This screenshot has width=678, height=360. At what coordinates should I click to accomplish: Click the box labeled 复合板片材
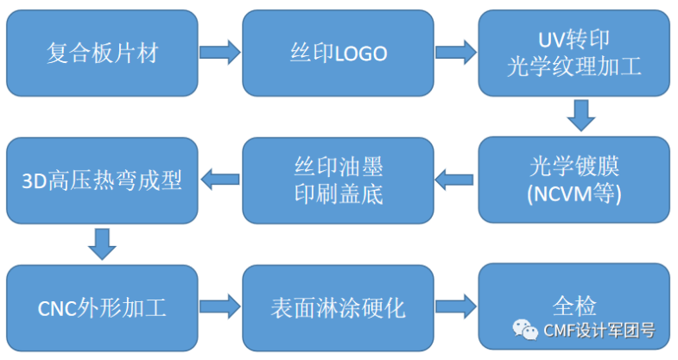pos(102,54)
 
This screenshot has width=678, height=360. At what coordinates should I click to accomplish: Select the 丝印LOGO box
pos(338,54)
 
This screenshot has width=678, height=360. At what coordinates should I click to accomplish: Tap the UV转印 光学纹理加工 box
pos(573,54)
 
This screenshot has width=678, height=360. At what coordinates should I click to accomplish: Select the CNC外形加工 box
pos(102,306)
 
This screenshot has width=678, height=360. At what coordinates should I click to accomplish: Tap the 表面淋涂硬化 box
pos(338,306)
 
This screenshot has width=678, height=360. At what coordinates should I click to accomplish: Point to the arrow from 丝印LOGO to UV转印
pos(456,53)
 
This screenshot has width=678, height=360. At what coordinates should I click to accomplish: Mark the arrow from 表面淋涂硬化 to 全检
pos(456,306)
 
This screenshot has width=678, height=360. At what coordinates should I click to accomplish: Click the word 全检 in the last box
pos(573,305)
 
